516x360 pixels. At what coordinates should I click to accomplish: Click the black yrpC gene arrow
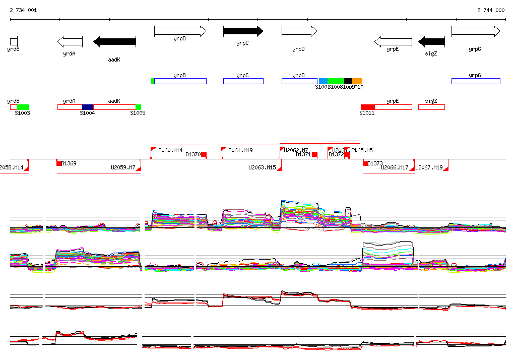[x=243, y=31]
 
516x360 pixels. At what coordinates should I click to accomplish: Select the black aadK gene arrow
[x=115, y=41]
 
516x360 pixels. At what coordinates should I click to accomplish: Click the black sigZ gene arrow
[x=432, y=41]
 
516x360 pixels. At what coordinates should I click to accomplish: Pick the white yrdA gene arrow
[x=70, y=41]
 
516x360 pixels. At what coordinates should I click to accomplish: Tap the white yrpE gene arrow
[x=393, y=41]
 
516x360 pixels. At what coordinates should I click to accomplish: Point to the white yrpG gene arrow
[x=476, y=31]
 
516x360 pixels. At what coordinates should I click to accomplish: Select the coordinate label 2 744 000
[x=491, y=10]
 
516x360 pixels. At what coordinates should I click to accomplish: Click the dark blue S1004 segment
[x=88, y=107]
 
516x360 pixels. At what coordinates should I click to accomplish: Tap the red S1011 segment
[x=368, y=107]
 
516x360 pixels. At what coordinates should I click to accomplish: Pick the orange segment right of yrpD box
[x=357, y=81]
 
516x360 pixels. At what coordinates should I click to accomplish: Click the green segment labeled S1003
[x=23, y=107]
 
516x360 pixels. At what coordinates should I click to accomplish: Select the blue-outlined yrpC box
[x=243, y=81]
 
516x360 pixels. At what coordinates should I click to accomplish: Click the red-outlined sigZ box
[x=431, y=107]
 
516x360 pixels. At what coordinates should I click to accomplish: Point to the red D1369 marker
[x=59, y=163]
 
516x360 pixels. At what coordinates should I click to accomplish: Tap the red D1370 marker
[x=204, y=155]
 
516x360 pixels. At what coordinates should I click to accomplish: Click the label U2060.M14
[x=169, y=150]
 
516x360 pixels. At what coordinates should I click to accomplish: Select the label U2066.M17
[x=395, y=167]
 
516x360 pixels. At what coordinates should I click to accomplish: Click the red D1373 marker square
[x=366, y=163]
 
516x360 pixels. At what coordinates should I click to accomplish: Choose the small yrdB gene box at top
[x=14, y=41]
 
